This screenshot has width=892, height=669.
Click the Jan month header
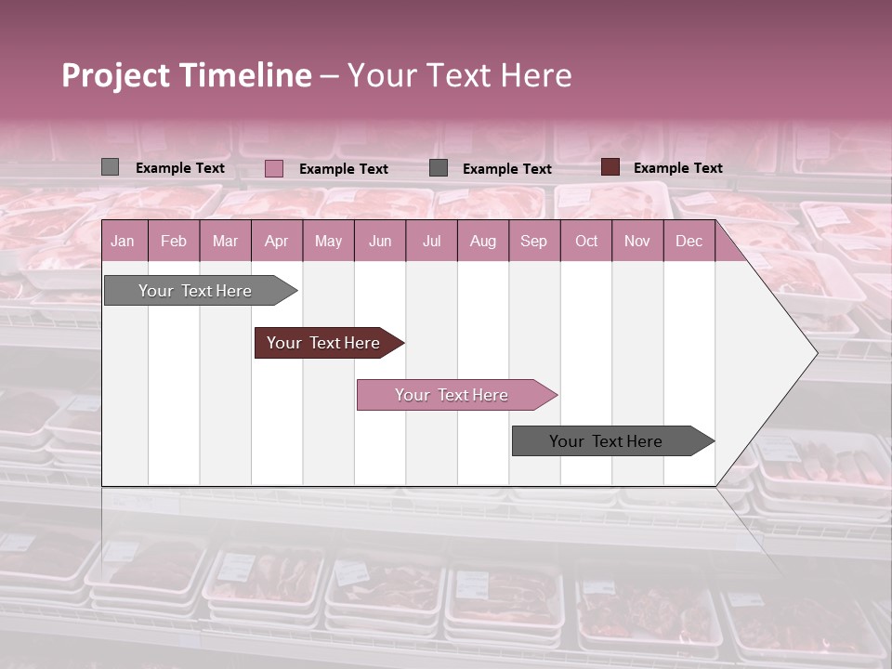pyautogui.click(x=123, y=241)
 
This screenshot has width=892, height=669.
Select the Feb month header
pyautogui.click(x=174, y=241)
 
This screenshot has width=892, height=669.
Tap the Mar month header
pyautogui.click(x=225, y=241)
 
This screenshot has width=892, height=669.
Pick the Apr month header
pyautogui.click(x=277, y=241)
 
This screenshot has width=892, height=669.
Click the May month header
pyautogui.click(x=328, y=241)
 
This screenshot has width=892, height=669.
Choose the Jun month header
pyautogui.click(x=380, y=241)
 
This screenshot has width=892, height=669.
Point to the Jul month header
pyautogui.click(x=431, y=241)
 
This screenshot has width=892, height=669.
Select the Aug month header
pyautogui.click(x=483, y=241)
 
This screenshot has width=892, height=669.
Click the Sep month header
pyautogui.click(x=534, y=241)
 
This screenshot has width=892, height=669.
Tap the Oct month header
pyautogui.click(x=586, y=241)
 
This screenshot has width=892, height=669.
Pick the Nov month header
pyautogui.click(x=637, y=241)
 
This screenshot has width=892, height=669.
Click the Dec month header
pyautogui.click(x=689, y=241)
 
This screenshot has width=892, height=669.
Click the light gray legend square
pyautogui.click(x=110, y=167)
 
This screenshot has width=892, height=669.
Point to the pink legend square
pyautogui.click(x=274, y=168)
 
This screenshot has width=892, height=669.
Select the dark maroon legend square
pyautogui.click(x=610, y=167)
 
